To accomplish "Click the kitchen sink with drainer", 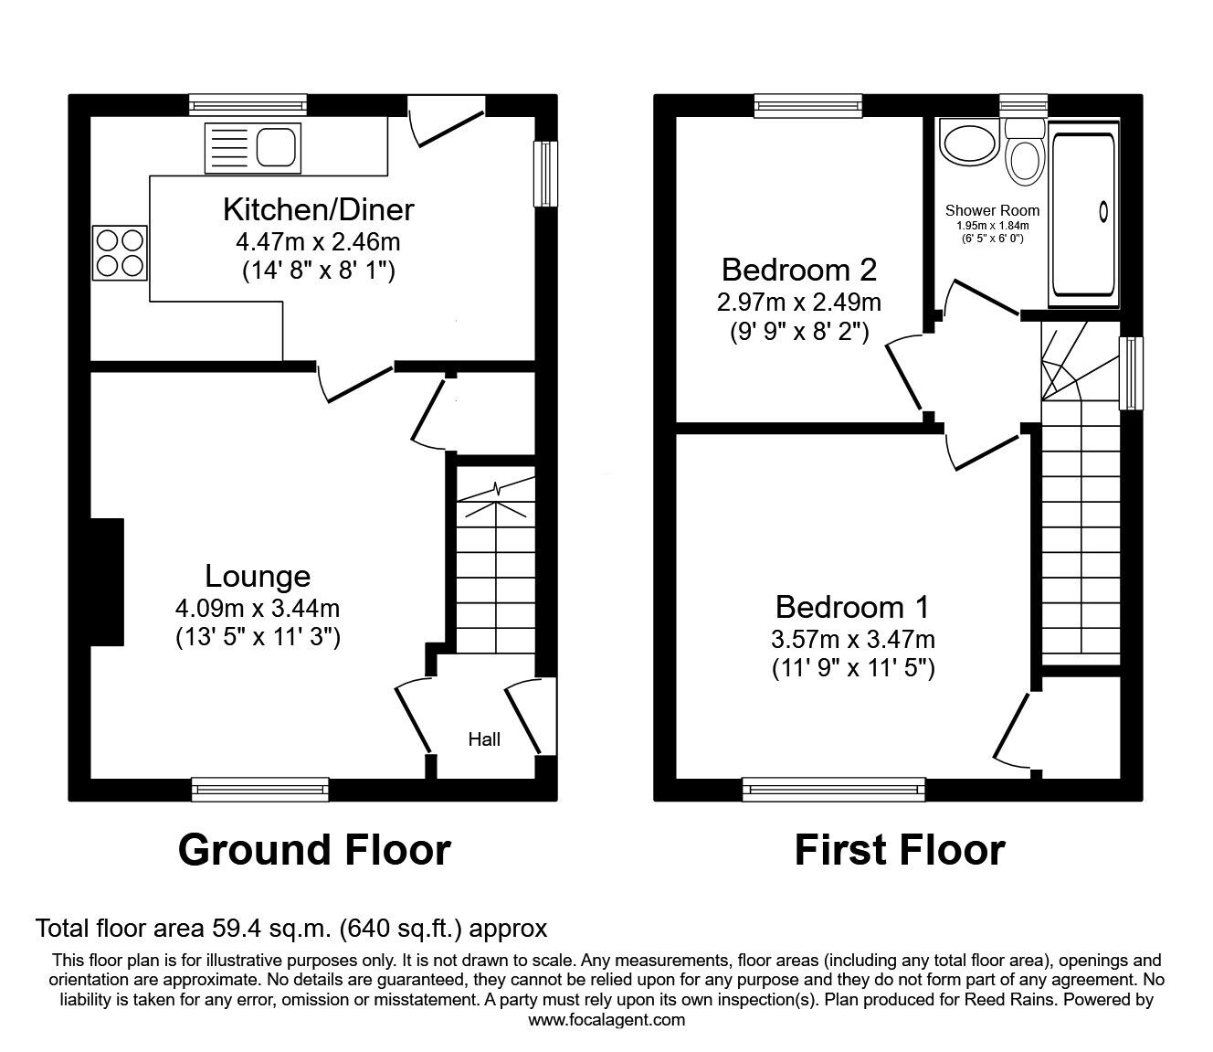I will pyautogui.click(x=252, y=146).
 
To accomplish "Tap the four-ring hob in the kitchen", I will pyautogui.click(x=120, y=252).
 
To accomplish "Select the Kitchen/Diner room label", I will pyautogui.click(x=318, y=209).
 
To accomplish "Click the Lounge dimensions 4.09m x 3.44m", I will pyautogui.click(x=258, y=608).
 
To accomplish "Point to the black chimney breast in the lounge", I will pyautogui.click(x=107, y=582).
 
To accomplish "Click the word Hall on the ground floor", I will pyautogui.click(x=484, y=739).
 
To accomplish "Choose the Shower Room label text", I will pyautogui.click(x=992, y=210).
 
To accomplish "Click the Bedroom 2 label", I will pyautogui.click(x=799, y=270).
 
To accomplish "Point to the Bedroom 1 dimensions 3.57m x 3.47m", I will pyautogui.click(x=852, y=640).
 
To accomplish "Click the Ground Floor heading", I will pyautogui.click(x=314, y=849).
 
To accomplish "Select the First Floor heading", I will pyautogui.click(x=899, y=849).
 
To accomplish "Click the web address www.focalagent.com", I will pyautogui.click(x=606, y=1019).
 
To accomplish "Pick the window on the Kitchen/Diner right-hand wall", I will pyautogui.click(x=545, y=174).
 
